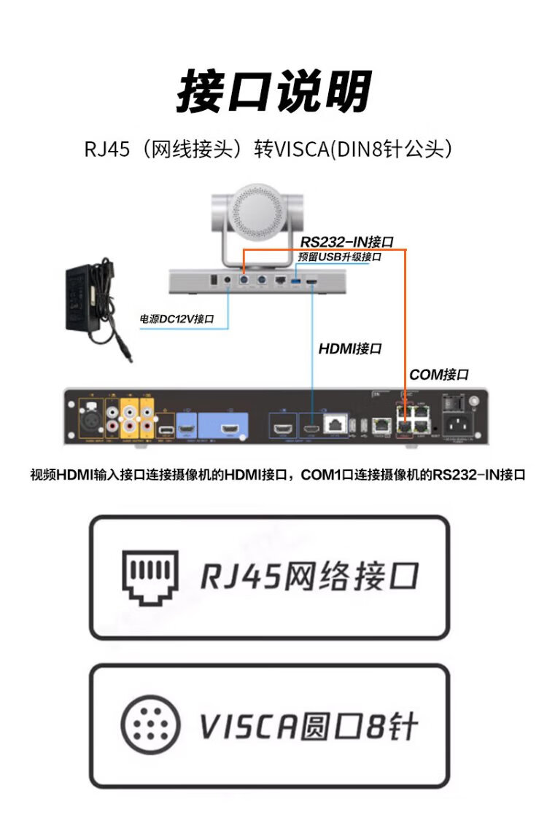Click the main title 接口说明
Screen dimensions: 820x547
point(273,93)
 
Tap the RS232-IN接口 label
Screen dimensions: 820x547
point(347,242)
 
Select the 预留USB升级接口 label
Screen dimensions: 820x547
point(340,257)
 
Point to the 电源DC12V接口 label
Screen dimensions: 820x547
point(176,319)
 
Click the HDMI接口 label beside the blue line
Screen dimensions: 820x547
point(350,349)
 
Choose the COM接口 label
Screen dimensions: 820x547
point(438,375)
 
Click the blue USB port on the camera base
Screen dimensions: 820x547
point(296,279)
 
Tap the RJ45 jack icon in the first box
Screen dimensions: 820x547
point(150,577)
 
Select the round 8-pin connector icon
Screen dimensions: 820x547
point(149,725)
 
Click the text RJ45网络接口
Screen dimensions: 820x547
point(309,577)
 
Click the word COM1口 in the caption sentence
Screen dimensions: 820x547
point(325,475)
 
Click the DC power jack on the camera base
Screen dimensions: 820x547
point(228,279)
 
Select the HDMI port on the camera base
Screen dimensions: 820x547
point(312,279)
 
